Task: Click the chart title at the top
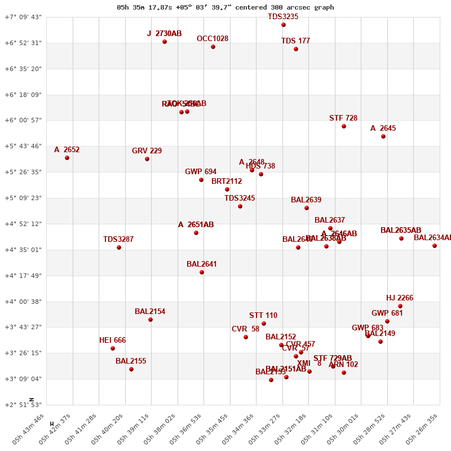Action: tap(225, 7)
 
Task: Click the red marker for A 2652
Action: tap(67, 158)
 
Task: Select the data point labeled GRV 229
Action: tap(147, 159)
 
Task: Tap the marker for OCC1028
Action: tap(213, 47)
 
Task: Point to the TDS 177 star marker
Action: tap(296, 49)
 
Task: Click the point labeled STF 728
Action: tap(344, 126)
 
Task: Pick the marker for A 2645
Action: tap(383, 136)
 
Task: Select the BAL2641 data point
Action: tap(202, 272)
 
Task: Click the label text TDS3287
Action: tap(118, 240)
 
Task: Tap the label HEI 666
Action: tap(113, 341)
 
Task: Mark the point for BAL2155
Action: tap(131, 369)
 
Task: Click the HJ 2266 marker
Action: tap(400, 306)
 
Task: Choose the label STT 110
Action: tap(263, 316)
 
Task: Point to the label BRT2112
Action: tap(227, 182)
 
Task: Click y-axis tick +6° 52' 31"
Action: tap(23, 43)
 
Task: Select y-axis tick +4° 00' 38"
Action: tap(23, 302)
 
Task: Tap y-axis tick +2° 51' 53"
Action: tap(23, 405)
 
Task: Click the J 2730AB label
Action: tap(165, 34)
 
